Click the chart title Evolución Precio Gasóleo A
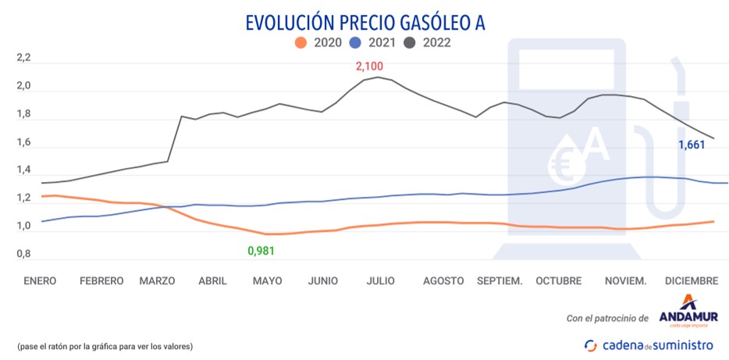364,22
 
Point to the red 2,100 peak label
370,66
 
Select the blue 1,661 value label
691,145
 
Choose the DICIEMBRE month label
691,280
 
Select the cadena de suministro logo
649,344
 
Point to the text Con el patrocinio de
608,318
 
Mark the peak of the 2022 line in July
378,77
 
